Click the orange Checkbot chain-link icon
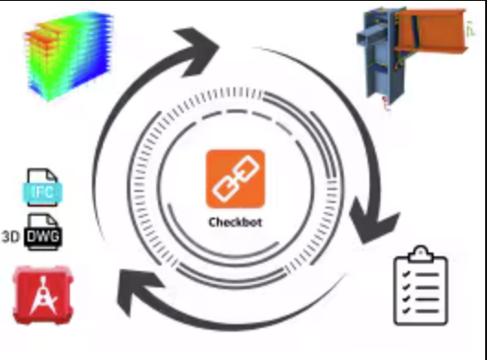(235, 179)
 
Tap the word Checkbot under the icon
(235, 222)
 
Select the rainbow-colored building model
(69, 56)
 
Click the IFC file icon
(42, 187)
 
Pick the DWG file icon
(43, 231)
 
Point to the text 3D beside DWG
(11, 237)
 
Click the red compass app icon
(43, 295)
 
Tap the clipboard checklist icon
(421, 286)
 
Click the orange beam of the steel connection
(432, 31)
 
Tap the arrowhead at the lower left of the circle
(137, 288)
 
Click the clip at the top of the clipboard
(421, 253)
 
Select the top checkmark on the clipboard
(406, 275)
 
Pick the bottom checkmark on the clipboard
(406, 310)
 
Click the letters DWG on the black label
(43, 237)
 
